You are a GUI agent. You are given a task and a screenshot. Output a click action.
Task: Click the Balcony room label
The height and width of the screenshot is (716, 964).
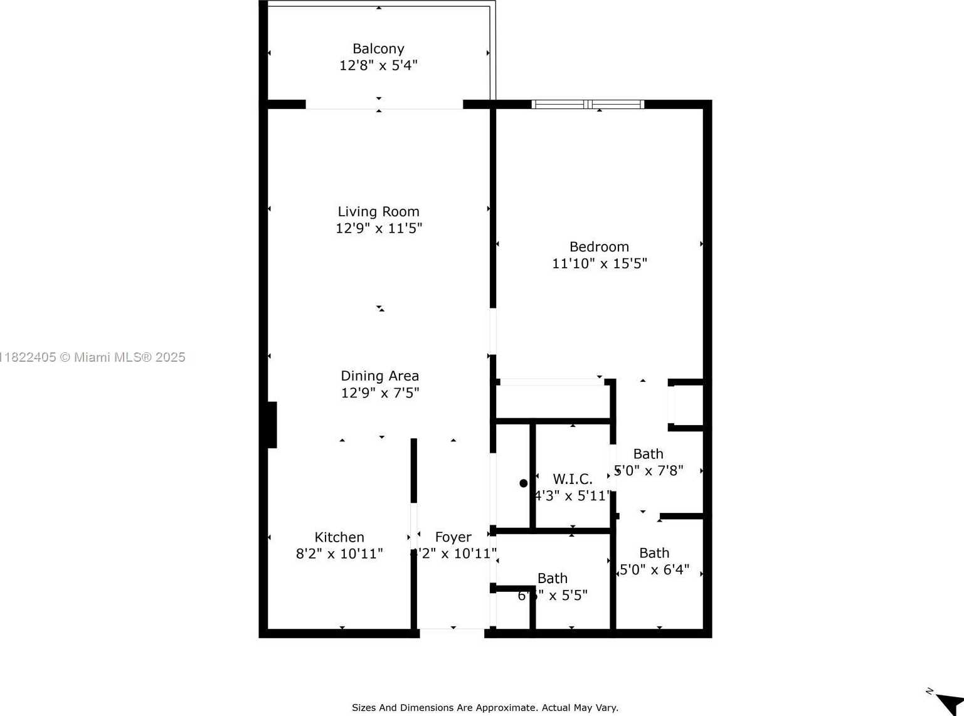pyautogui.click(x=378, y=49)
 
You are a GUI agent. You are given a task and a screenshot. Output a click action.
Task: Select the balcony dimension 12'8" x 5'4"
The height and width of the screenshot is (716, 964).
pyautogui.click(x=378, y=65)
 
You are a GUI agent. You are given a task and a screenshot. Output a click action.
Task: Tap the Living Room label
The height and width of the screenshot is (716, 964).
pyautogui.click(x=378, y=212)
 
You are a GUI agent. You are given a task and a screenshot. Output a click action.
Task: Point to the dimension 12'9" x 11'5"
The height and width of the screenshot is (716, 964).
pyautogui.click(x=378, y=228)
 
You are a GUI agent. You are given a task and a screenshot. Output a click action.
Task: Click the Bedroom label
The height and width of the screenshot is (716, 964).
pyautogui.click(x=599, y=247)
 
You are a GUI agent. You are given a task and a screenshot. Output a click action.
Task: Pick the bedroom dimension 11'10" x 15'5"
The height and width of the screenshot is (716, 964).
pyautogui.click(x=599, y=263)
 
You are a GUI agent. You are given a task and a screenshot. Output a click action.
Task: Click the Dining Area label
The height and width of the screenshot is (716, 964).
pyautogui.click(x=379, y=376)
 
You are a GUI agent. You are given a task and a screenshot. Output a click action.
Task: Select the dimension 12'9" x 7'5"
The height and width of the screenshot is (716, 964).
pyautogui.click(x=379, y=393)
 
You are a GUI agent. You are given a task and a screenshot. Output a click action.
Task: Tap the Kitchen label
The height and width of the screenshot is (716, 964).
pyautogui.click(x=339, y=537)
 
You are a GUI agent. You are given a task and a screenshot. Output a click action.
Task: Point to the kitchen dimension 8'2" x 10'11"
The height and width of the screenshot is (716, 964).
pyautogui.click(x=339, y=554)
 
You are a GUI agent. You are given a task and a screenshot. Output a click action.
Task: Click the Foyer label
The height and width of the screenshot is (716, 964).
pyautogui.click(x=453, y=537)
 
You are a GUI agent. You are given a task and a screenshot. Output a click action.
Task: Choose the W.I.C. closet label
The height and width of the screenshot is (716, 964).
pyautogui.click(x=572, y=480)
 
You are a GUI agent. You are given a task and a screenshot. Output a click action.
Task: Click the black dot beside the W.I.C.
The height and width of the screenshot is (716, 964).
pyautogui.click(x=524, y=483)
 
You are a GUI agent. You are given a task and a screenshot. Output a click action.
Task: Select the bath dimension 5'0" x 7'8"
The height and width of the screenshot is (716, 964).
pyautogui.click(x=649, y=470)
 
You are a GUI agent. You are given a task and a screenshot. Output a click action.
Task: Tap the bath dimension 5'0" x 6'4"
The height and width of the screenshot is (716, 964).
pyautogui.click(x=654, y=570)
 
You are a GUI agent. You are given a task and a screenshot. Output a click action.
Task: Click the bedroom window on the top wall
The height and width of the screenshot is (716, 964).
pyautogui.click(x=588, y=104)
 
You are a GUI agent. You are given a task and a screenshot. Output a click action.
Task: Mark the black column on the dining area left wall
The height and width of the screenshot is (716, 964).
pyautogui.click(x=272, y=424)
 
